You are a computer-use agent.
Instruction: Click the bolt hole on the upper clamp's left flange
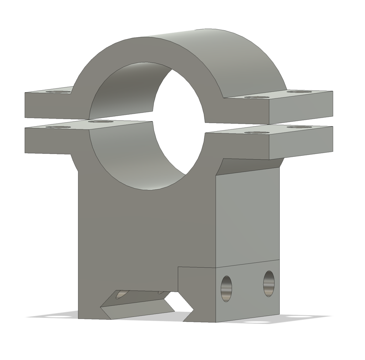58,92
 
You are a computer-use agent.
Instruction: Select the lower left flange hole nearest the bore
101,122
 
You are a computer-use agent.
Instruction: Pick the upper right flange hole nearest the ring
256,97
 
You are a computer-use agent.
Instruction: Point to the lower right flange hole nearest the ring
256,133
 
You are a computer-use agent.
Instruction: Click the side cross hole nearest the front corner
226,288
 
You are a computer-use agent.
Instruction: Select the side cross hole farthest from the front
269,283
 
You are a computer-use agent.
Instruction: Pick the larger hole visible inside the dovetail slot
121,294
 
